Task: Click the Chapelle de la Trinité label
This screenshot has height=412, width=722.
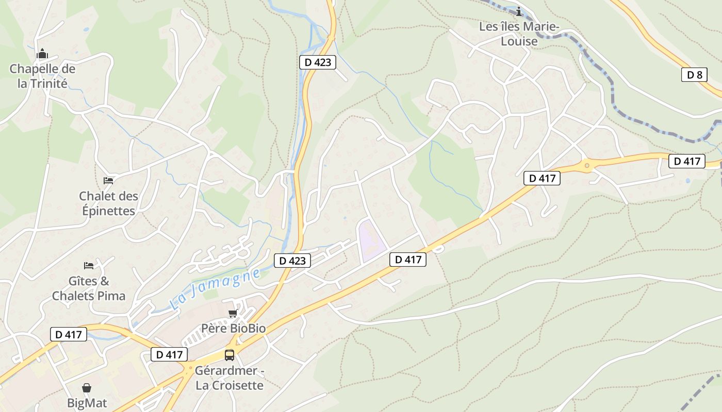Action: pos(42,76)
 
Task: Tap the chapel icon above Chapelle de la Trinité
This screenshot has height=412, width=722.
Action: pos(42,54)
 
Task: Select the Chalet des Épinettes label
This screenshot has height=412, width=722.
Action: pos(109,203)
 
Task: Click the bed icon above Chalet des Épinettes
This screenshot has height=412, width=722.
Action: pos(108,180)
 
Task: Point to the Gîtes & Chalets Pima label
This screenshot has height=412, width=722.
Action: pos(89,288)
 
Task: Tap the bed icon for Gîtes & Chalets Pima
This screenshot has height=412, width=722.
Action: pos(89,266)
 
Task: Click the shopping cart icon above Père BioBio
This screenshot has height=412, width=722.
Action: pos(233,313)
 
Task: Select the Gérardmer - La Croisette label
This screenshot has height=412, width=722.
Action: pos(229,377)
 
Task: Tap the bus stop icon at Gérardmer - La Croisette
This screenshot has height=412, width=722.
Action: pos(229,355)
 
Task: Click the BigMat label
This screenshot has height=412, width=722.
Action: pos(87,402)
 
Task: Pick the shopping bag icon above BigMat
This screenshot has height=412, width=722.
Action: pos(87,387)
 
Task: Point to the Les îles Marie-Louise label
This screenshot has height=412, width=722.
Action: pos(519,33)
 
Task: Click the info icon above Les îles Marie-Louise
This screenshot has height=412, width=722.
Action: pos(519,11)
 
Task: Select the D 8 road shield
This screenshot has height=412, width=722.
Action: pos(694,75)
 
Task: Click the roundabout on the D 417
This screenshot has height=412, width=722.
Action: pos(586,166)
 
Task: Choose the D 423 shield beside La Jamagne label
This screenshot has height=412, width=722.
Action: pos(292,261)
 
